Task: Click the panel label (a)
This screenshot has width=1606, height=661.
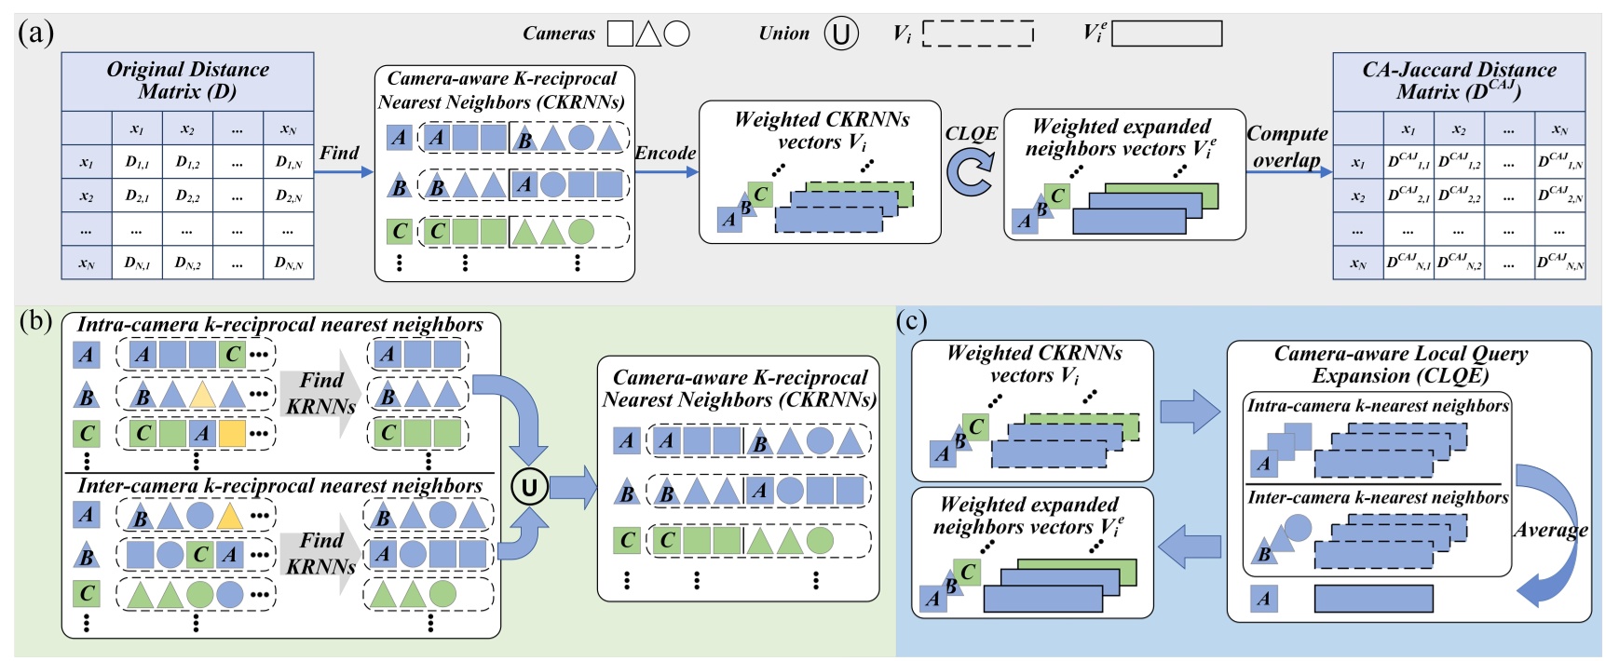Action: coord(35,34)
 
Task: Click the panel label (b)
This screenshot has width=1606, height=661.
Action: coord(35,322)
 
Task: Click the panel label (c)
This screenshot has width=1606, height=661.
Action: coord(911,321)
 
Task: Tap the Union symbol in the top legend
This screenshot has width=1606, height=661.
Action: coord(840,34)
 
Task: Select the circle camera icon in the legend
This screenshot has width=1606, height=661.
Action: coord(677,34)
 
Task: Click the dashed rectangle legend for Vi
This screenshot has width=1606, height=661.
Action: coord(978,34)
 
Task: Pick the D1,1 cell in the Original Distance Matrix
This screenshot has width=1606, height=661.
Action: coord(137,162)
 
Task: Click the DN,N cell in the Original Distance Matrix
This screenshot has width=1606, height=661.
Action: coord(289,263)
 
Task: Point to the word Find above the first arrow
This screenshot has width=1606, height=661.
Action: coord(339,153)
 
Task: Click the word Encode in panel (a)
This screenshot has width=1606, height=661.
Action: coord(665,153)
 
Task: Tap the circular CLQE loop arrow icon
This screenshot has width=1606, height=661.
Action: coord(971,174)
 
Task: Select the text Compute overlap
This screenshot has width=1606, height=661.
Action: coord(1287,146)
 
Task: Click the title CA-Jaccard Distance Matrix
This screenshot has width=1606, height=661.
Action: coord(1458,81)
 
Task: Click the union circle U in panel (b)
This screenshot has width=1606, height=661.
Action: coord(529,486)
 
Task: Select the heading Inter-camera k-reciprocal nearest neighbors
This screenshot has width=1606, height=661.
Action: coord(279,486)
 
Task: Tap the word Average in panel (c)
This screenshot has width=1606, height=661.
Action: coord(1550,530)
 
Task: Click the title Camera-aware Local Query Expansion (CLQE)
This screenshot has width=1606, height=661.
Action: coord(1400,364)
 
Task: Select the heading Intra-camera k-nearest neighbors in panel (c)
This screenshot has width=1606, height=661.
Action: coord(1377,406)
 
